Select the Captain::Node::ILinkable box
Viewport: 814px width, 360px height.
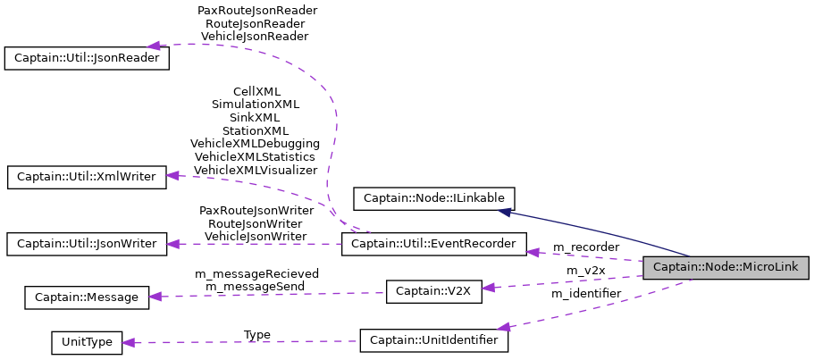pyautogui.click(x=434, y=198)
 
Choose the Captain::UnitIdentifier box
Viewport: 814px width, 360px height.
pyautogui.click(x=433, y=340)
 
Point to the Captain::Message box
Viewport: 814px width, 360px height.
pyautogui.click(x=87, y=296)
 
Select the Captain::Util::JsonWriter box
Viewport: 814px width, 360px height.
pyautogui.click(x=87, y=243)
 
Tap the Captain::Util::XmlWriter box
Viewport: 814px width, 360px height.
pyautogui.click(x=87, y=176)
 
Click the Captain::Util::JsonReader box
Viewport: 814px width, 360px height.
pyautogui.click(x=87, y=58)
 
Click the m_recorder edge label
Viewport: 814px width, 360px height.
pyautogui.click(x=585, y=247)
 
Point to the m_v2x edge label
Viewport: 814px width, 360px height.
pyautogui.click(x=585, y=270)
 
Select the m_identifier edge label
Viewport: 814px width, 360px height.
pyautogui.click(x=585, y=293)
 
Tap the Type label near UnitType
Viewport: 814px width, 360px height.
pyautogui.click(x=257, y=334)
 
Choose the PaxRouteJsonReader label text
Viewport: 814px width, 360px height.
pyautogui.click(x=256, y=11)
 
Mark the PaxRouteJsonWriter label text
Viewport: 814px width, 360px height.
pyautogui.click(x=256, y=211)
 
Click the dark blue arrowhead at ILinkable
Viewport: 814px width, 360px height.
pyautogui.click(x=505, y=212)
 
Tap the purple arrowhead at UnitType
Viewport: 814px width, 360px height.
pyautogui.click(x=129, y=342)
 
